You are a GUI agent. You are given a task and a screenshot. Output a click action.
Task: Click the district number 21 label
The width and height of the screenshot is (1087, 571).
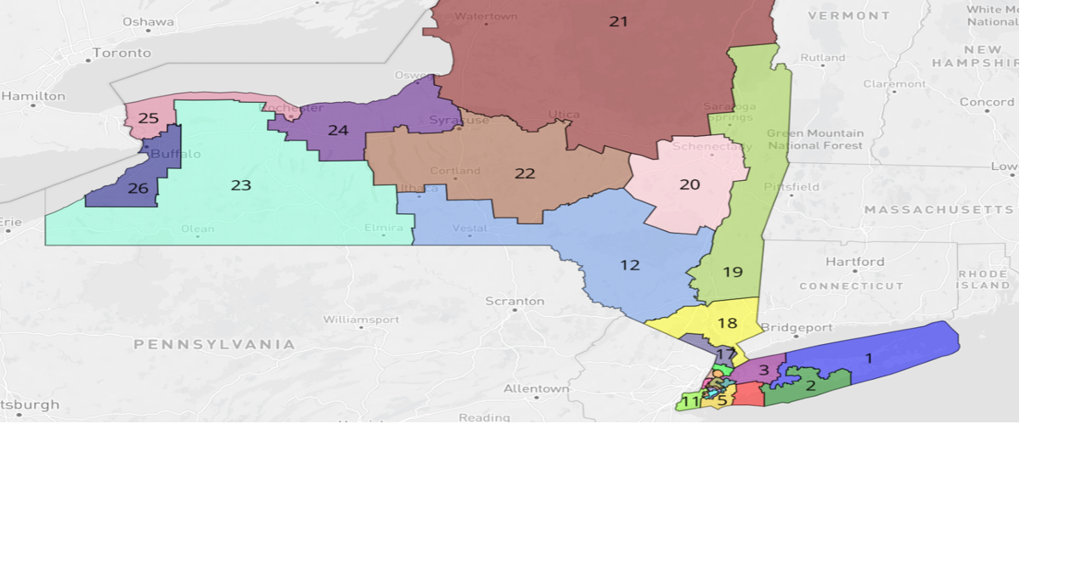(x=618, y=21)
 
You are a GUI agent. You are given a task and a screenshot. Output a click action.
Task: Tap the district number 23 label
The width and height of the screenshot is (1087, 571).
(x=241, y=185)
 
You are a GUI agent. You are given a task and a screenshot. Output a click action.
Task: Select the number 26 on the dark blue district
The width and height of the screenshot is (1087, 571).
(x=138, y=189)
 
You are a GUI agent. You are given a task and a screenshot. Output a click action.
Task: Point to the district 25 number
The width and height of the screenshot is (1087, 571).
(x=149, y=118)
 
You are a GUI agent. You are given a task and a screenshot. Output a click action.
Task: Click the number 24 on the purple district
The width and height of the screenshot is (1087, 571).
(x=338, y=130)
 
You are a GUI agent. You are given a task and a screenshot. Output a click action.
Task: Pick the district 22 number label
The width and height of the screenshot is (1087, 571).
(x=525, y=173)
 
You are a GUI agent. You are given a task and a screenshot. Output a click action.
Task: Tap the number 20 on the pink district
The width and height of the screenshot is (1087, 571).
(x=690, y=184)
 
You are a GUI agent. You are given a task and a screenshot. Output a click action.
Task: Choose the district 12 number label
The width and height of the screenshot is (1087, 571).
(x=629, y=265)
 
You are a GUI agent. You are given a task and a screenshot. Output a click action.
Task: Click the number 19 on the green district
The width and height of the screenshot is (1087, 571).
(x=733, y=272)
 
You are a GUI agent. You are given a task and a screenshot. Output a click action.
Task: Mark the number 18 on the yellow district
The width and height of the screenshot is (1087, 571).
(x=727, y=323)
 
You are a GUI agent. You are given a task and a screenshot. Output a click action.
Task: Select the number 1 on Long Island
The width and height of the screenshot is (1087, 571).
(x=869, y=359)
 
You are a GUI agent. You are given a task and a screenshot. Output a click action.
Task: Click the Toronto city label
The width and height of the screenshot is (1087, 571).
(x=121, y=53)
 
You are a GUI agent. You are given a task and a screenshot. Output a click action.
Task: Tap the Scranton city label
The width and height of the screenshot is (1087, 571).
(x=515, y=301)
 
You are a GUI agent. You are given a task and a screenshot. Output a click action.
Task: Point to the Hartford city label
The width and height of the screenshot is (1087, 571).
(x=855, y=262)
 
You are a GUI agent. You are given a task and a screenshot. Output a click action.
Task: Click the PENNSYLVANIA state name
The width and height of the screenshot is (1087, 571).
(x=215, y=344)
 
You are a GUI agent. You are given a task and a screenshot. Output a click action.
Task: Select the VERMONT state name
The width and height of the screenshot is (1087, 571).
(x=849, y=16)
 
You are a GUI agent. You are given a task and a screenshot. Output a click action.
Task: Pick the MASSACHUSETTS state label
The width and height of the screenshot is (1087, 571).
(x=938, y=209)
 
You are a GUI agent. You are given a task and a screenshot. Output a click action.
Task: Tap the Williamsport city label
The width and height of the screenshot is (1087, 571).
(x=361, y=319)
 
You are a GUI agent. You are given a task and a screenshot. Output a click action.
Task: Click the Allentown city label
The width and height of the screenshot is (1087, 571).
(x=537, y=388)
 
